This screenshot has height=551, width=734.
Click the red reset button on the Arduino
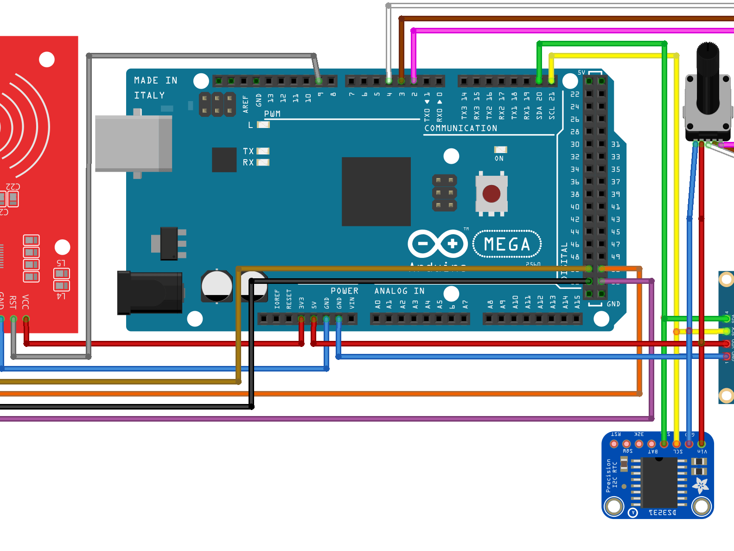[491, 193]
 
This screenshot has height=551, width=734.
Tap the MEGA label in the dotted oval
[507, 244]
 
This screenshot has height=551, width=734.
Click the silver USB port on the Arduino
[134, 143]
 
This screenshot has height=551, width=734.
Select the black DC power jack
[149, 293]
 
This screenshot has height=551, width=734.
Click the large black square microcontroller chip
[376, 192]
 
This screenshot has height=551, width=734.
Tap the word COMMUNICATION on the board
[460, 128]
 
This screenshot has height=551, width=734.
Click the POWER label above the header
[344, 291]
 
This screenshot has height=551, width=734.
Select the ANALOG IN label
[399, 291]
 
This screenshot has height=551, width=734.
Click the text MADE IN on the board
[155, 80]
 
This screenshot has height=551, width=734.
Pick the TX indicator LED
[263, 151]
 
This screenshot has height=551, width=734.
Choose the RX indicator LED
[263, 162]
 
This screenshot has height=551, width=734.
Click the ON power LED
[500, 150]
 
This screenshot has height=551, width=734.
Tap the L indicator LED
[263, 125]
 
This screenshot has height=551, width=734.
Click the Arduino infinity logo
[437, 243]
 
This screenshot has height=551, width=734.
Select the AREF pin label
[246, 104]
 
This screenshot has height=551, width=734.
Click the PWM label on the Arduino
[272, 114]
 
